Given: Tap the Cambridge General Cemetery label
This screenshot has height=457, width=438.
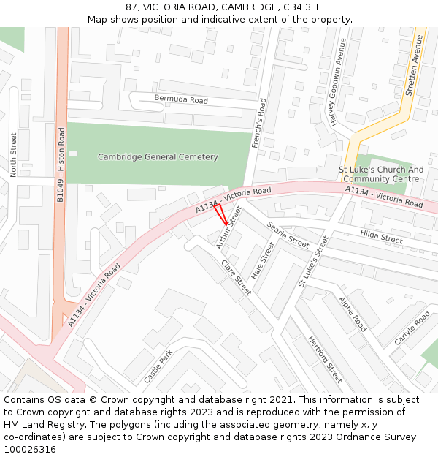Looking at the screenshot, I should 158,157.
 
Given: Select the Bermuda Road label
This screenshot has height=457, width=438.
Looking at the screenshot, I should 180,99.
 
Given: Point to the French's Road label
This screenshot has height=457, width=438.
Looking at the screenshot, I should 259,125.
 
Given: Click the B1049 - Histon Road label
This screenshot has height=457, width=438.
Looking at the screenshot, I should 61,165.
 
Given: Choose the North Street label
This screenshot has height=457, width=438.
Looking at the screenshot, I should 13,154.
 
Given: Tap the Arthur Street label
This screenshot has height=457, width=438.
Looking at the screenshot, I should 228,227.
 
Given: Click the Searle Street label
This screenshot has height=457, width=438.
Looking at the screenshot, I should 288,234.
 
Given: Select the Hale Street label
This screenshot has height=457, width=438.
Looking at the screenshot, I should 262,261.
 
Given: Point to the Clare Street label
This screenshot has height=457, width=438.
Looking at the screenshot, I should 236,278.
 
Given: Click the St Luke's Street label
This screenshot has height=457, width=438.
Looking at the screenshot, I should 314,261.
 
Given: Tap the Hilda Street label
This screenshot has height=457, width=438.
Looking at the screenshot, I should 381,236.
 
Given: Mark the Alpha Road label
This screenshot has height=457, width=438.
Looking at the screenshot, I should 353,314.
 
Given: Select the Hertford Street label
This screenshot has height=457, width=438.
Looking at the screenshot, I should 325,360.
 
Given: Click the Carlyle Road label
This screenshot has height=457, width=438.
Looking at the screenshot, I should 412,329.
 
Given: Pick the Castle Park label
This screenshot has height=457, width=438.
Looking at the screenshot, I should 158,367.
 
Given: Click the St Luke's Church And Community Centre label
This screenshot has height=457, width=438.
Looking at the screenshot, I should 381,175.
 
